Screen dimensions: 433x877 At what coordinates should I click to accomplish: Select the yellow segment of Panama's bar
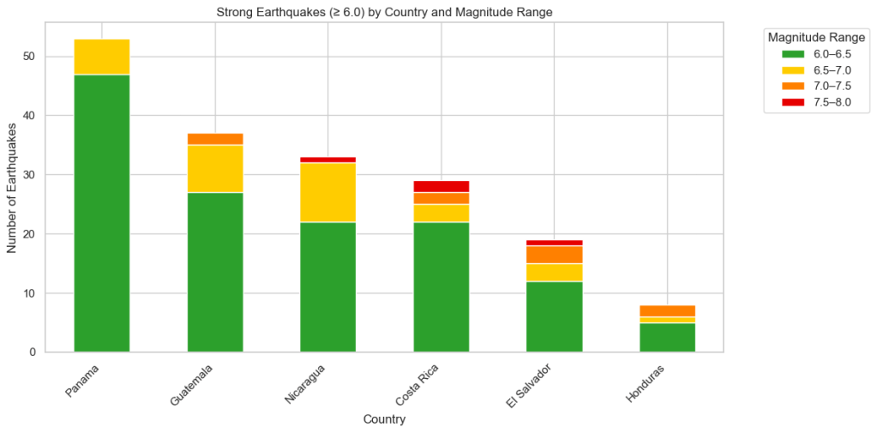coord(102,57)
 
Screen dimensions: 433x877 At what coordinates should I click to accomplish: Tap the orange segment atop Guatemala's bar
coord(215,139)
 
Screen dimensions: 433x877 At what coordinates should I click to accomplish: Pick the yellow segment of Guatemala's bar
coord(215,169)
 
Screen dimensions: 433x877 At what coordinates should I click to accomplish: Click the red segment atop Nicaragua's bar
coord(327,159)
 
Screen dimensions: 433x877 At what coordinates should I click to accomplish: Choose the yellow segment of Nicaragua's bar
coord(327,192)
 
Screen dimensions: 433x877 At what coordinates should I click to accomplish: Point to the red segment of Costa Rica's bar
coord(441,186)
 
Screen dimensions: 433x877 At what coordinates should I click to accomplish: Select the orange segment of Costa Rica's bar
coord(441,198)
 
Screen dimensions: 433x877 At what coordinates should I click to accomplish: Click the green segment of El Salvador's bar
coord(554,316)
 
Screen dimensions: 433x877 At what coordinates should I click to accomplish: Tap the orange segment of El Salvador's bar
coord(554,255)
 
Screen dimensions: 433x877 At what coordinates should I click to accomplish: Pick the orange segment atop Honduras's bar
coord(667,310)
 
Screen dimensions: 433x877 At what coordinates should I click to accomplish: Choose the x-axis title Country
coord(384,419)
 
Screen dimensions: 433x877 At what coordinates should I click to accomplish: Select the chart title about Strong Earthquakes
coord(384,11)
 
